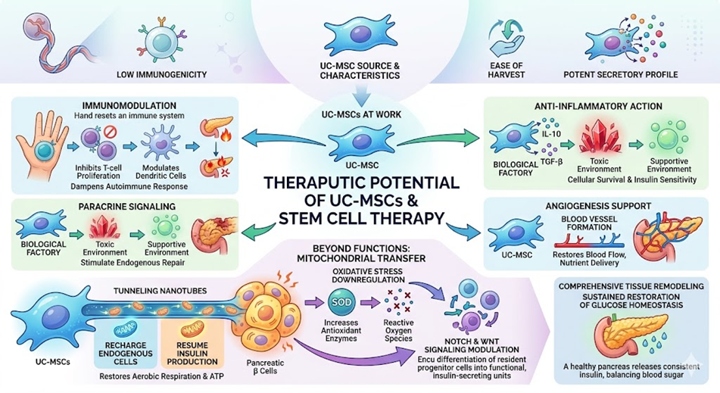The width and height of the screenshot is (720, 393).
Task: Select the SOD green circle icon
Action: point(342,302)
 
